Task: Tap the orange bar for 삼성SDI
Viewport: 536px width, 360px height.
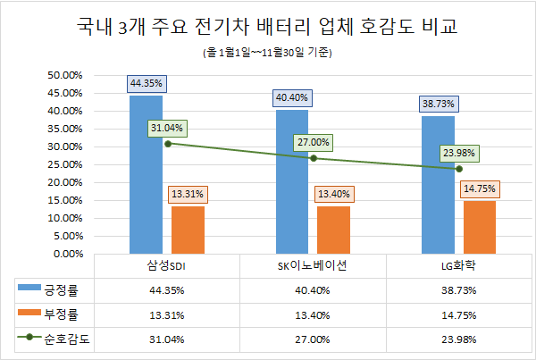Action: (x=188, y=230)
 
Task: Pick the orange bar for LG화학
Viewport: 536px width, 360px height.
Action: (x=480, y=227)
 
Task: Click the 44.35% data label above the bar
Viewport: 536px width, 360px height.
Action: (x=146, y=83)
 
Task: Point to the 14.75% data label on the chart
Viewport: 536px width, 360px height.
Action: (x=480, y=188)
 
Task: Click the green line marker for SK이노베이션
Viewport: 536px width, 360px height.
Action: (x=313, y=158)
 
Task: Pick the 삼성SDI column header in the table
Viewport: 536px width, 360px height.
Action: (x=166, y=265)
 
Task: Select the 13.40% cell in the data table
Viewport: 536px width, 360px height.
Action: (x=313, y=314)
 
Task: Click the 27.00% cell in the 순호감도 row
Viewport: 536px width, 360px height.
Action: (x=313, y=339)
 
